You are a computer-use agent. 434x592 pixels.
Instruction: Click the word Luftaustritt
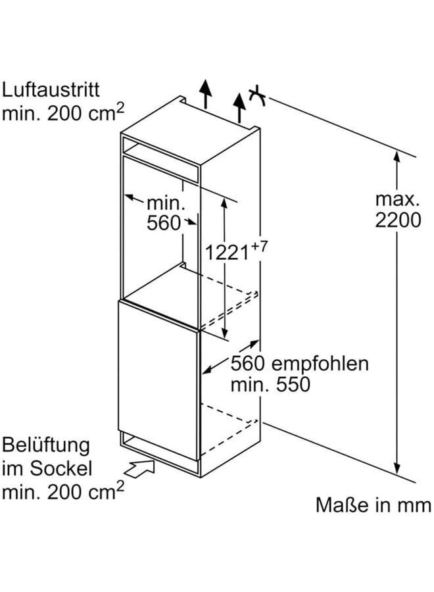(x=52, y=90)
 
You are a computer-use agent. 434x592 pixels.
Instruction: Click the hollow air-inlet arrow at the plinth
(x=140, y=468)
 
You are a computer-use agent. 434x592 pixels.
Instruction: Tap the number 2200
(x=398, y=220)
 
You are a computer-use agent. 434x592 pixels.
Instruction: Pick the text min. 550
(x=270, y=385)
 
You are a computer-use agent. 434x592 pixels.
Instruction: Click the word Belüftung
(x=45, y=445)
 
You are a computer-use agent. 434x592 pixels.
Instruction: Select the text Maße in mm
(x=374, y=505)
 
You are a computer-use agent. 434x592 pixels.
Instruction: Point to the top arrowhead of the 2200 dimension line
(x=397, y=156)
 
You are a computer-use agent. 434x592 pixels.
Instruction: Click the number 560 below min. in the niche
(x=163, y=224)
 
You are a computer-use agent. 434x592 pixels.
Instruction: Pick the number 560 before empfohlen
(x=248, y=364)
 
